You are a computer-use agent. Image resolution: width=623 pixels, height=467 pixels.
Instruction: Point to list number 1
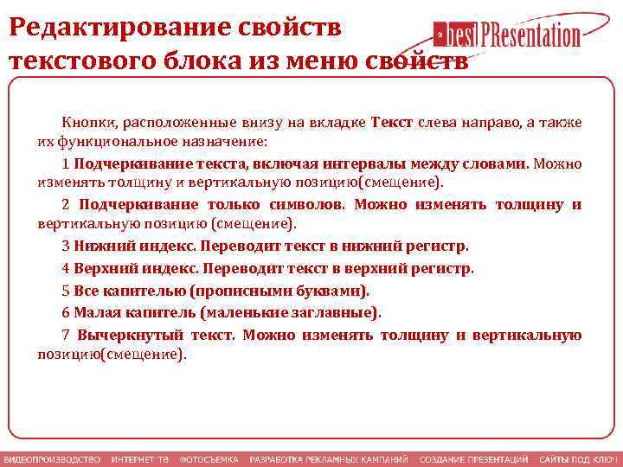click(x=66, y=163)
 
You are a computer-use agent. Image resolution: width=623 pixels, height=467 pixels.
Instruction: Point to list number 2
click(x=66, y=205)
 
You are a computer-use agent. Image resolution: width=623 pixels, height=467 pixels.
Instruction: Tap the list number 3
click(x=66, y=246)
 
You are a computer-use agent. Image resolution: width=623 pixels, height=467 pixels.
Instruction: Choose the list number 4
click(x=66, y=268)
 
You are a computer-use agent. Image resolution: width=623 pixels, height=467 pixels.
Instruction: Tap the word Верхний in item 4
click(x=104, y=268)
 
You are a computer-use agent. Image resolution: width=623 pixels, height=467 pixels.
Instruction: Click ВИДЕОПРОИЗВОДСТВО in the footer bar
click(x=52, y=459)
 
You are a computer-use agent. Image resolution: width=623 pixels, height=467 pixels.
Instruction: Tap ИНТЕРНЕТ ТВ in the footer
click(x=139, y=459)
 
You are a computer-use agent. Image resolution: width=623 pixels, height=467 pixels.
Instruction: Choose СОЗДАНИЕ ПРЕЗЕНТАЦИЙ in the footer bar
click(x=473, y=459)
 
